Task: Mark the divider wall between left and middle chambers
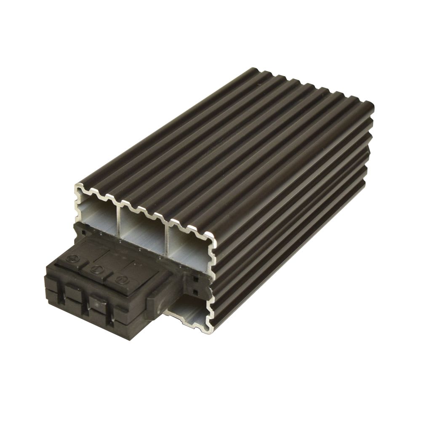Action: pyautogui.click(x=121, y=219)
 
